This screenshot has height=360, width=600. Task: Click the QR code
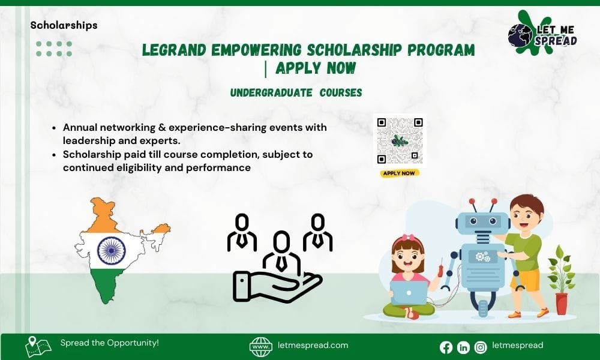(400, 140)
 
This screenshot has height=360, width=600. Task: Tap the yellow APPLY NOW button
(400, 173)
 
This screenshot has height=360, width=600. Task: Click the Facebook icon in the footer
(446, 347)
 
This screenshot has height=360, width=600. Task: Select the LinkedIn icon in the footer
(463, 347)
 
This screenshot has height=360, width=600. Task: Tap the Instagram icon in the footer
(481, 347)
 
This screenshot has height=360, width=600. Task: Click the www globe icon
(260, 347)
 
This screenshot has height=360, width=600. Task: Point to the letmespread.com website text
(313, 345)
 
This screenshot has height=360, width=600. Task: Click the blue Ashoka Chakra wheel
(112, 251)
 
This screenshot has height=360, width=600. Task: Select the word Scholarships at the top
(64, 25)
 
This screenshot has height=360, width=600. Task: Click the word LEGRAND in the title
(175, 50)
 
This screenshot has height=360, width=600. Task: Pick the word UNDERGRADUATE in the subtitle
(271, 92)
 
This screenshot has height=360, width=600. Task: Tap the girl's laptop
(409, 293)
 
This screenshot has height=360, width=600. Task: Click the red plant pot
(562, 304)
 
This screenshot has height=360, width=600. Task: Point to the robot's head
(482, 222)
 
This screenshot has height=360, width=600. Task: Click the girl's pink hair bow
(408, 238)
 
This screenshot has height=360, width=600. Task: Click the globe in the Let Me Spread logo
(520, 35)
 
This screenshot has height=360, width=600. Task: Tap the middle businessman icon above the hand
(281, 253)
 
